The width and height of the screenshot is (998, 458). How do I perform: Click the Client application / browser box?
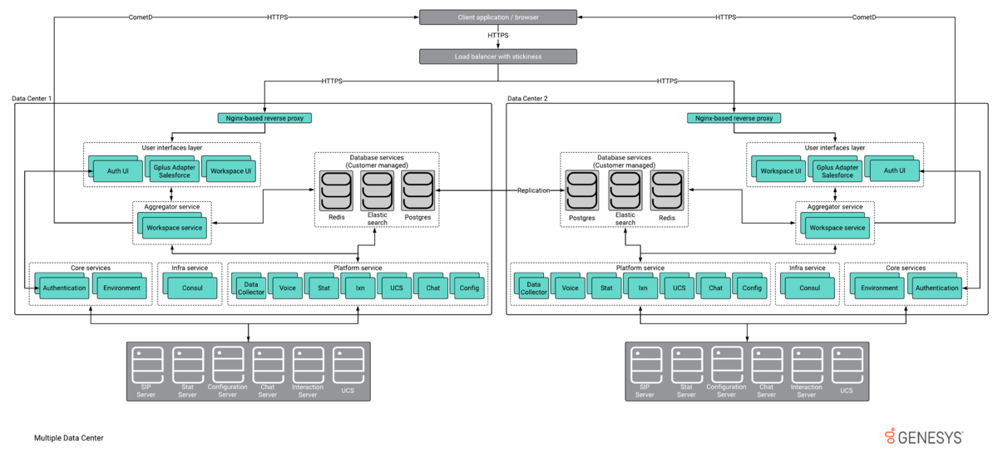[498, 17]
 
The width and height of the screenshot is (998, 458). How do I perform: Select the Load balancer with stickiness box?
[498, 57]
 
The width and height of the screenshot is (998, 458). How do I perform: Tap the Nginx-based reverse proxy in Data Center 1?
[264, 118]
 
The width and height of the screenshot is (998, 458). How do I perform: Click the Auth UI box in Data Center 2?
[892, 169]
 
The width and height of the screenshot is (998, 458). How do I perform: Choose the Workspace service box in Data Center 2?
[835, 225]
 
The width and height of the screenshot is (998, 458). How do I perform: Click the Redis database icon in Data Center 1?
[336, 191]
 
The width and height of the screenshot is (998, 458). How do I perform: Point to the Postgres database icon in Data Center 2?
[582, 191]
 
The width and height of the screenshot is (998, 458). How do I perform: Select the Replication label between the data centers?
[533, 190]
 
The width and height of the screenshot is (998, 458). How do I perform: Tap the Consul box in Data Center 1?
[190, 286]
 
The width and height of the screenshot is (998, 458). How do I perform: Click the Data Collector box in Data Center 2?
[531, 286]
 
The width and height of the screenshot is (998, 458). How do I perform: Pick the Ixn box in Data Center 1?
[358, 286]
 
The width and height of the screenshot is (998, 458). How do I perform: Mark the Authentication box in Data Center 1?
[62, 286]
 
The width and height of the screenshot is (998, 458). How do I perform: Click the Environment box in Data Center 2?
[877, 286]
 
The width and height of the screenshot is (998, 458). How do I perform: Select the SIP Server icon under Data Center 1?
[146, 372]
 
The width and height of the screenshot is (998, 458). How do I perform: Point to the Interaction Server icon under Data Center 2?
[807, 372]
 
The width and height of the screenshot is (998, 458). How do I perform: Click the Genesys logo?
[924, 437]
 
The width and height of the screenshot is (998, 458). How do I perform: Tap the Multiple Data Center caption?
[68, 438]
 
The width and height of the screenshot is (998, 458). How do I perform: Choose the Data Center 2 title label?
[527, 98]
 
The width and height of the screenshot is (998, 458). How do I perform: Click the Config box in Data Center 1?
[467, 286]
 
